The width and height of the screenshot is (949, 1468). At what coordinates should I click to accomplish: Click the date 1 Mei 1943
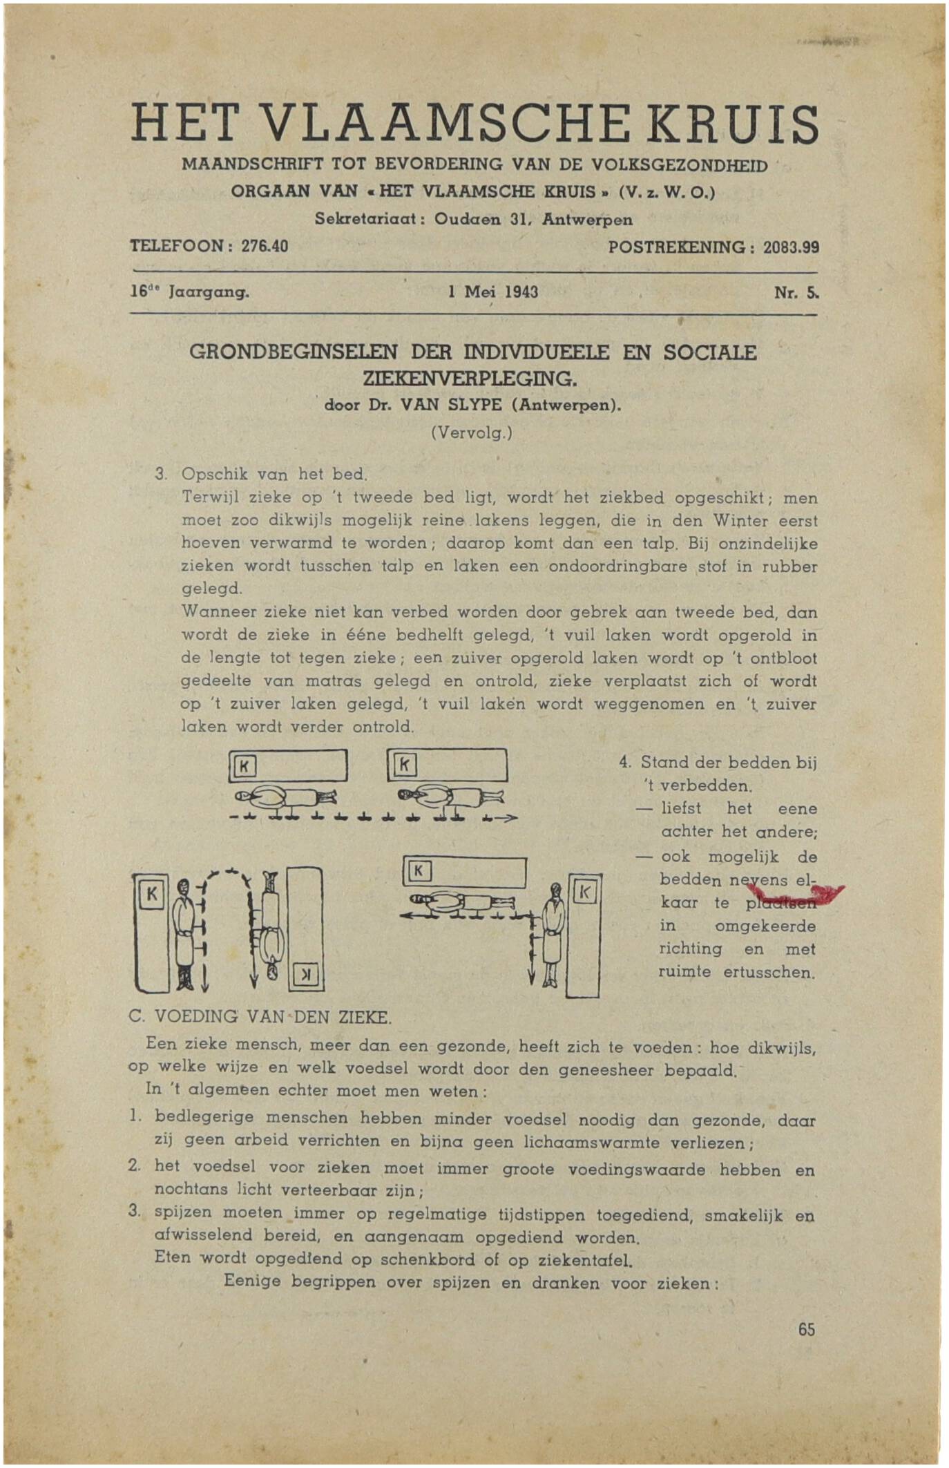[x=492, y=292]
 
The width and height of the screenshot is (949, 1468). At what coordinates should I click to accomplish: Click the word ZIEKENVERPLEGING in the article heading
[x=473, y=379]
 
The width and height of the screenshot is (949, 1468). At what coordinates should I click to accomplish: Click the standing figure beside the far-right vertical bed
[x=551, y=934]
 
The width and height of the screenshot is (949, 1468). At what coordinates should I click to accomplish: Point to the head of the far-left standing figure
[x=184, y=886]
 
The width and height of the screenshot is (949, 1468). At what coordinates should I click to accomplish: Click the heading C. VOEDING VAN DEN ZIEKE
[x=260, y=1018]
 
